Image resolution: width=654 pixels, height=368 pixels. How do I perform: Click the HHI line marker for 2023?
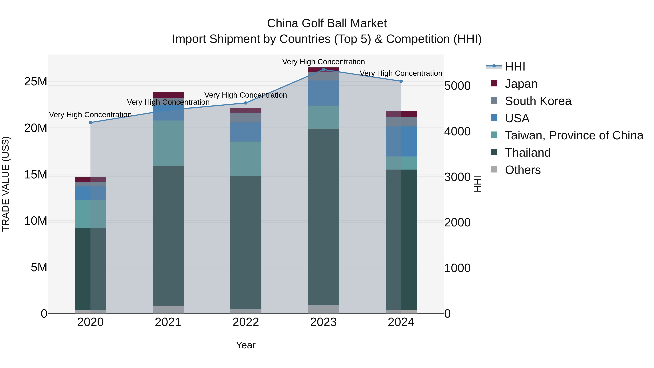[323, 69]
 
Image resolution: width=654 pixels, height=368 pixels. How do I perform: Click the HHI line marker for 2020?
[90, 122]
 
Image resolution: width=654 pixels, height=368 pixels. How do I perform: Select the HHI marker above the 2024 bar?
[401, 81]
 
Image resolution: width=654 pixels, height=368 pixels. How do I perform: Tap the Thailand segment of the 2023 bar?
[323, 216]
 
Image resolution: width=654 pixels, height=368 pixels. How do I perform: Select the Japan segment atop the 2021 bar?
[168, 95]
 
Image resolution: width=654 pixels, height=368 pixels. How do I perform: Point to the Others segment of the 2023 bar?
[323, 309]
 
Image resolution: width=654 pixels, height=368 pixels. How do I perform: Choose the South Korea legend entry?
[538, 101]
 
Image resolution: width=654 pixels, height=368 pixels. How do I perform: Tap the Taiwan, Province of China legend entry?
[574, 135]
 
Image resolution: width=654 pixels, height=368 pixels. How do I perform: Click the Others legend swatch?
[494, 169]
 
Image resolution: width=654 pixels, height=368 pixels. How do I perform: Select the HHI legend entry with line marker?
[515, 67]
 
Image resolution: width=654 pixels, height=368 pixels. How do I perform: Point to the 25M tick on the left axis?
[36, 82]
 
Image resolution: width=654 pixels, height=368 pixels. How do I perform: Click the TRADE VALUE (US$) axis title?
[6, 184]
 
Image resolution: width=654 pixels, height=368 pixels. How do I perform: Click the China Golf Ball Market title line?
[327, 23]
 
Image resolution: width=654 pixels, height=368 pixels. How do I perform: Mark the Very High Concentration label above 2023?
[323, 62]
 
